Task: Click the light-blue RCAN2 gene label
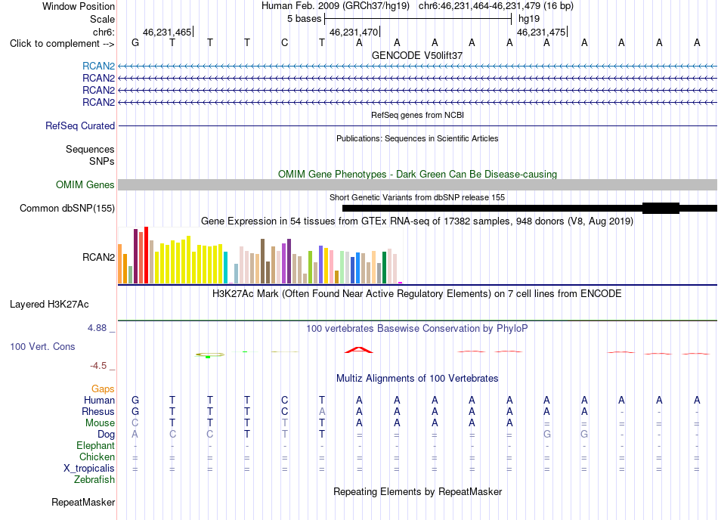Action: tap(98, 67)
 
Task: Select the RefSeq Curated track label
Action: tap(80, 126)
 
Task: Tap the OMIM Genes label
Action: tap(85, 185)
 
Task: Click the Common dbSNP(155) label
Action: tap(67, 209)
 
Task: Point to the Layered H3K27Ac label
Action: tap(49, 305)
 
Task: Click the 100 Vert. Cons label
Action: tap(42, 346)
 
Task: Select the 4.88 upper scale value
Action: tap(97, 328)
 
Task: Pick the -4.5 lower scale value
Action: tap(98, 366)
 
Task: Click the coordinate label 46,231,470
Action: tap(354, 32)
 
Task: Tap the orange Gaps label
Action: tap(103, 388)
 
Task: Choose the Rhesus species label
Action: tap(98, 411)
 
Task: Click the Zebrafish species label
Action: tap(94, 480)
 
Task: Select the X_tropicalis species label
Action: tap(89, 469)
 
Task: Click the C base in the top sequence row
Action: tap(284, 43)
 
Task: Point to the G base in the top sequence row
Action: tap(135, 43)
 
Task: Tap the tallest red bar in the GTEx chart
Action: tap(146, 255)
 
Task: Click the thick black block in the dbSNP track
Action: tap(661, 209)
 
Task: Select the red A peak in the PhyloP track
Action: tap(359, 350)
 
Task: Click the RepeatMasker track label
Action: tap(83, 502)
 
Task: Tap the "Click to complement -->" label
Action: tap(62, 44)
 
